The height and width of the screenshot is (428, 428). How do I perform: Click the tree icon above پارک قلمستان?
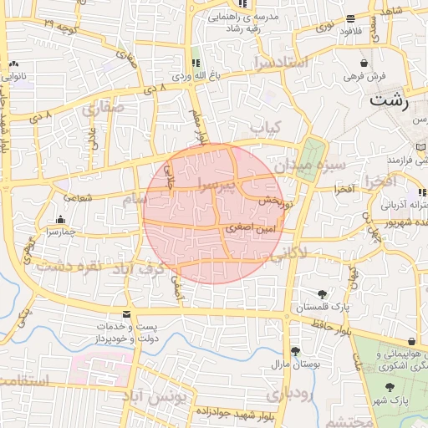point(323,294)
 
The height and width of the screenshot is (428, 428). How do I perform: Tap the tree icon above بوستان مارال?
point(294,351)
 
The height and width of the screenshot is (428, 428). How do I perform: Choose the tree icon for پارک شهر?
point(390,387)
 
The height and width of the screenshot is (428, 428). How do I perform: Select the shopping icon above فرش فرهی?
point(364,63)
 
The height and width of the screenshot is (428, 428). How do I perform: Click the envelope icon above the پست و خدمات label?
point(126,313)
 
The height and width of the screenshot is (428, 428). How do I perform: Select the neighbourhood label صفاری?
point(102,108)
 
